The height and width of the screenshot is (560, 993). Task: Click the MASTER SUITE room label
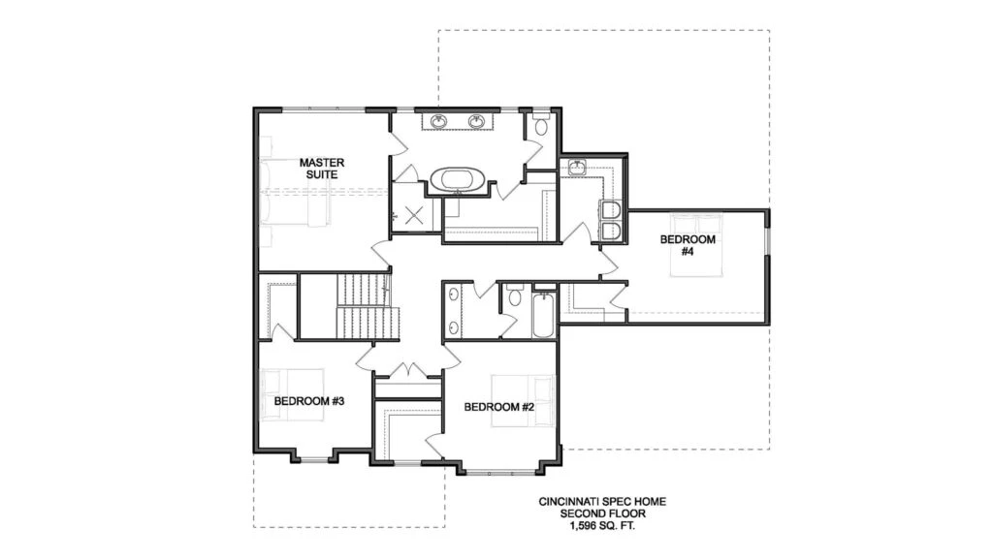[x=322, y=169]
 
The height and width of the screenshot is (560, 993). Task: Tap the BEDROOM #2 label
[x=499, y=407]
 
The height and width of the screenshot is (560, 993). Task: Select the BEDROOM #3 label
[x=309, y=401]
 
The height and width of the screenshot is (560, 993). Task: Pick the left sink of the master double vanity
[x=438, y=121]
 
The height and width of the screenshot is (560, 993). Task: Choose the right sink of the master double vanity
[x=476, y=121]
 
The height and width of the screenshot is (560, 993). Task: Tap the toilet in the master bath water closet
[x=541, y=125]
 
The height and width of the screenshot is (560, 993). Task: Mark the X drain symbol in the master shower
[x=413, y=215]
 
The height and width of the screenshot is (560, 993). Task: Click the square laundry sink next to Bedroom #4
[x=578, y=167]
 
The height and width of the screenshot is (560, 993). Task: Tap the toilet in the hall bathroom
[x=515, y=296]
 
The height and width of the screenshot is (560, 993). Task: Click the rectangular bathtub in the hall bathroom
[x=543, y=315]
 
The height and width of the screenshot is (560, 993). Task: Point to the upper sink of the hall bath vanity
[x=454, y=295]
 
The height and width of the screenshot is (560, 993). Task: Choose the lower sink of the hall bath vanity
[x=454, y=327]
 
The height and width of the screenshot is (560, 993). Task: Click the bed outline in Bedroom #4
[x=696, y=245]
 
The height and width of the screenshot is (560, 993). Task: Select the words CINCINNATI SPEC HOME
[x=602, y=502]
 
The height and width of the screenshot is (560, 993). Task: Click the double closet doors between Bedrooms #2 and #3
[x=408, y=370]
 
